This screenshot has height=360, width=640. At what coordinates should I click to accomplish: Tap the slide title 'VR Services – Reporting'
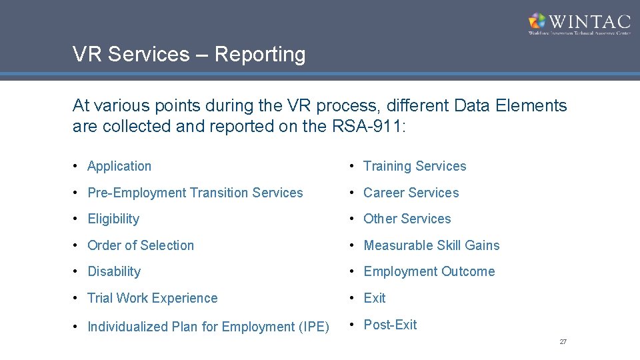[x=189, y=55]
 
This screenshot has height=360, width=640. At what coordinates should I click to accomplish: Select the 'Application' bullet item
[x=119, y=167]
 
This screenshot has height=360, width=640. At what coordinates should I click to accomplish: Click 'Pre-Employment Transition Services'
[x=195, y=193]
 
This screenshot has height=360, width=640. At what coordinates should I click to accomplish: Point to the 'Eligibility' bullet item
[x=113, y=219]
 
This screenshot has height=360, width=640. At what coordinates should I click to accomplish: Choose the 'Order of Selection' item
[x=141, y=245]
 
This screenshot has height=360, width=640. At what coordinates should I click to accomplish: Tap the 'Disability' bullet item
[x=114, y=272]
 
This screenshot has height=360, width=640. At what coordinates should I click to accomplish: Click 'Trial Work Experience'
[x=153, y=298]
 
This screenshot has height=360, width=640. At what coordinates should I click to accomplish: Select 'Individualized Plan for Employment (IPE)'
[x=208, y=327]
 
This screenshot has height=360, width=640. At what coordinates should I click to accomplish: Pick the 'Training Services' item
[x=415, y=167]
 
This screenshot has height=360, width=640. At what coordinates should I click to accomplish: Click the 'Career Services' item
[x=411, y=193]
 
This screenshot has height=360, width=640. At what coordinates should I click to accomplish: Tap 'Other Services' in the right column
[x=407, y=219]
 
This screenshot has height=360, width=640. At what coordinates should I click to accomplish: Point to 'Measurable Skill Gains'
[x=431, y=245]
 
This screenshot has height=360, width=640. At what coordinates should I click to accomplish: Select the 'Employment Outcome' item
[x=429, y=272]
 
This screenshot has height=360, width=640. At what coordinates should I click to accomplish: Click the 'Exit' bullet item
[x=375, y=298]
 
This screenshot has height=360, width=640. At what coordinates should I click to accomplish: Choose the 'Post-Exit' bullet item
[x=390, y=325]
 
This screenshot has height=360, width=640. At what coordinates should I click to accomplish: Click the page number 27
[x=563, y=341]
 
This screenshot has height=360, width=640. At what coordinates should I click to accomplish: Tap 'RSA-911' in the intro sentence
[x=367, y=126]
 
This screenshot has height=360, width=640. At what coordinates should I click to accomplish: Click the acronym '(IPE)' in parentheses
[x=313, y=327]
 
